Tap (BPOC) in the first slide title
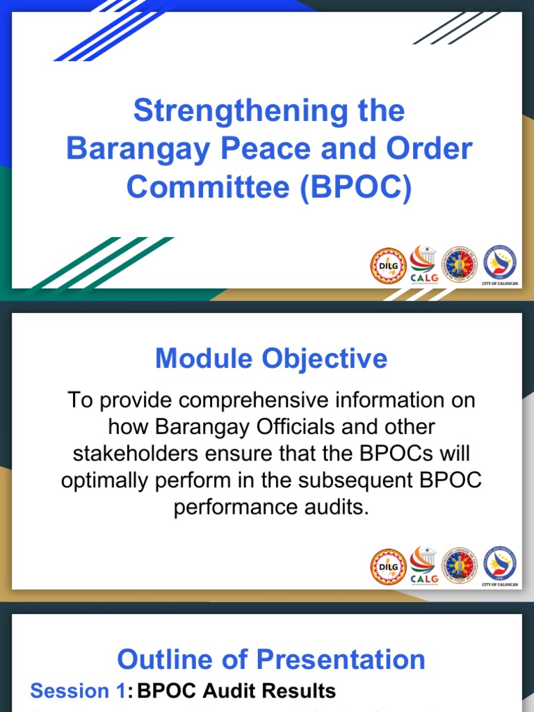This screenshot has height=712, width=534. pos(357,187)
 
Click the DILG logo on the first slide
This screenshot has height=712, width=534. pos(387,266)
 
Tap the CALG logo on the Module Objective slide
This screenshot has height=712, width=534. pos(423,565)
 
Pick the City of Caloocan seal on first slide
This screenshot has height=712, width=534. pos(500,263)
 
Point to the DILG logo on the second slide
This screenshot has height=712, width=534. pos(387,567)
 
